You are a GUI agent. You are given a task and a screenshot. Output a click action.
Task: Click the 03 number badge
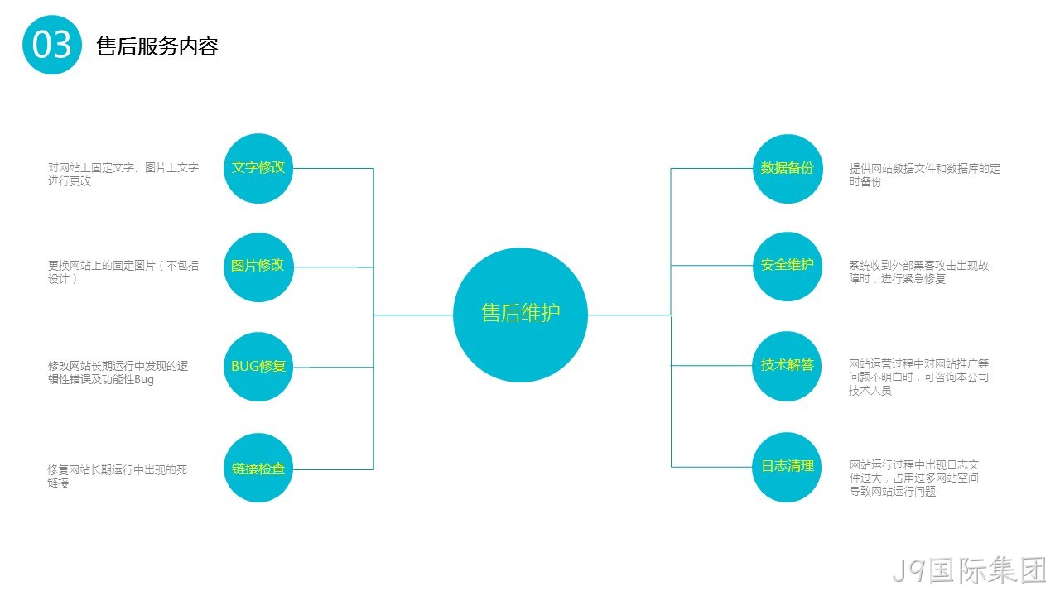(x=52, y=45)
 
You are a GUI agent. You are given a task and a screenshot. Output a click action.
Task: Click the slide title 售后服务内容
(x=157, y=46)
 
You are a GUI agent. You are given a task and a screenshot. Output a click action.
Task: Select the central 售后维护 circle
(x=521, y=315)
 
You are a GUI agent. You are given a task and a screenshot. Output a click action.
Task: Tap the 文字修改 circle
(x=258, y=168)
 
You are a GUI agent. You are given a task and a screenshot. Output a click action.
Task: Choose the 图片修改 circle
(x=258, y=267)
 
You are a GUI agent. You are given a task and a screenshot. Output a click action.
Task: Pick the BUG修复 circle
(x=258, y=367)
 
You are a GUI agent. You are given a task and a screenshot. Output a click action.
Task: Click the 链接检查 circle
(x=258, y=468)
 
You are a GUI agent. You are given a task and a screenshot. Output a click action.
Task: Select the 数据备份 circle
(x=788, y=169)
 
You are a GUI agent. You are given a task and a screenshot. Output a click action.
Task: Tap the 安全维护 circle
(x=788, y=267)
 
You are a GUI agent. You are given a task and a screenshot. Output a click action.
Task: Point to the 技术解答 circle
(x=788, y=366)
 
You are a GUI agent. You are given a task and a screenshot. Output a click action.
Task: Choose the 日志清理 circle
(x=788, y=468)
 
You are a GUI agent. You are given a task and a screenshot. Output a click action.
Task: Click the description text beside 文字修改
(x=123, y=174)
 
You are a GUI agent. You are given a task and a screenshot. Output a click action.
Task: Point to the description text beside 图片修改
(x=123, y=272)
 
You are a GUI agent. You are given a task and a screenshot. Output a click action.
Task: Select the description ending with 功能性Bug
(x=118, y=372)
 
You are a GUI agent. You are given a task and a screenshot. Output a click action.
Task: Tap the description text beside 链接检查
(x=118, y=476)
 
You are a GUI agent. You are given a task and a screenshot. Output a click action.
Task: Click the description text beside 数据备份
(x=925, y=175)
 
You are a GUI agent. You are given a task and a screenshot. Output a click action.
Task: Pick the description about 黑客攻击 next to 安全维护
(x=919, y=272)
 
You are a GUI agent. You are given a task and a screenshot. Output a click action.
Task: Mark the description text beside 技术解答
(x=918, y=377)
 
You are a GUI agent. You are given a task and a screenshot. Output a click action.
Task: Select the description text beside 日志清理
(x=913, y=478)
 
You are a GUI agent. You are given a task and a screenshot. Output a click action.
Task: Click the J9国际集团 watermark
(x=970, y=570)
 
